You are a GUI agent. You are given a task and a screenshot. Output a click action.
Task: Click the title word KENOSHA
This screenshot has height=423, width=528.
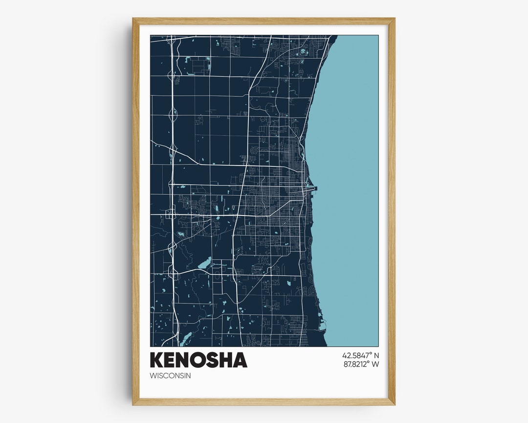(x=198, y=360)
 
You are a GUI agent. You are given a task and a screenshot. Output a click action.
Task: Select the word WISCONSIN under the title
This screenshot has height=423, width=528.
(x=170, y=376)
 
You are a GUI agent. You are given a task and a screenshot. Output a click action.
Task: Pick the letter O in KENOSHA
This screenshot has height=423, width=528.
(x=200, y=360)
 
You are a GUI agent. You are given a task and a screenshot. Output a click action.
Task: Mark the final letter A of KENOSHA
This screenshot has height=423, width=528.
(x=240, y=360)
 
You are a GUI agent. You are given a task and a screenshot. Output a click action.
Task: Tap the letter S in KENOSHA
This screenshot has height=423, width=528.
(x=214, y=360)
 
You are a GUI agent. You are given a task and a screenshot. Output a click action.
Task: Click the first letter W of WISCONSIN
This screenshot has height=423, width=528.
(x=154, y=376)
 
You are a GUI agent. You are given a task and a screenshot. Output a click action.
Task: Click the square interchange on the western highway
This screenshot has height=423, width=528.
(x=170, y=213)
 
